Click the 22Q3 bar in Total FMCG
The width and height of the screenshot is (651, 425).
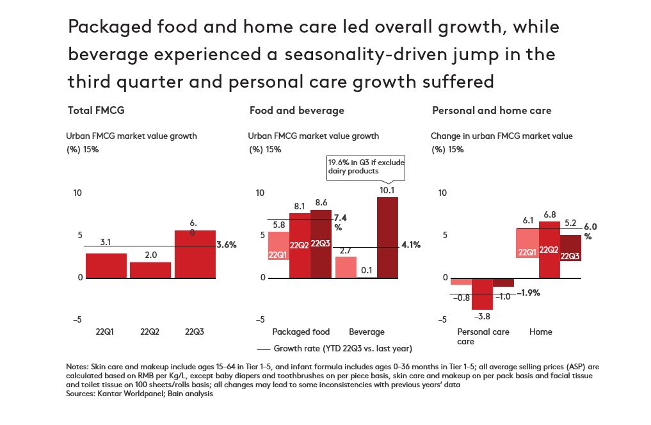coord(195,254)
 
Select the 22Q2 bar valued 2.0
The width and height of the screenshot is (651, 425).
coord(150,269)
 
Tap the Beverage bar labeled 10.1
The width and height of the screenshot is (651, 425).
coord(387,237)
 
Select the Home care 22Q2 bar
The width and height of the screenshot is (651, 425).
coord(549,250)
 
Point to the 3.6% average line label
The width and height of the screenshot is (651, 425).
coord(227,245)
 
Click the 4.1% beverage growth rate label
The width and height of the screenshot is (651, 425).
coord(410,245)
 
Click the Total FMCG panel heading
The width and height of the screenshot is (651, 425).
coord(95,110)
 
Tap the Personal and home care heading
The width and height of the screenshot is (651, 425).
coord(491,110)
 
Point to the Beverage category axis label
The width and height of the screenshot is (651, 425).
coord(366,332)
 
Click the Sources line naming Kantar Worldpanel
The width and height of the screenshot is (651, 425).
coord(139,394)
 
